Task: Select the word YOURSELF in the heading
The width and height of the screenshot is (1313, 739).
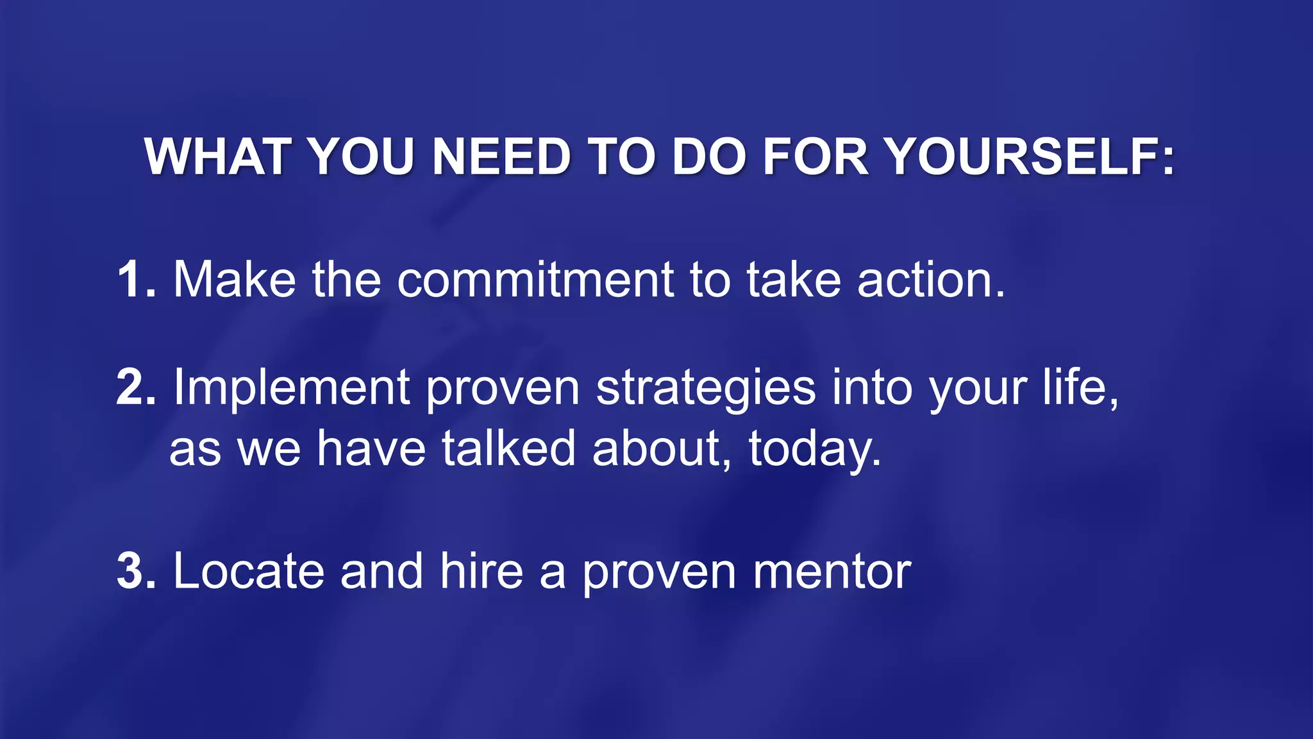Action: click(x=1030, y=157)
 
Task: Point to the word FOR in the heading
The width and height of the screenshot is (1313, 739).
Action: click(x=815, y=157)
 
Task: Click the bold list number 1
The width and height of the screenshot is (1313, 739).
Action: click(x=135, y=280)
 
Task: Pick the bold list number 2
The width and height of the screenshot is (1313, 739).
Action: click(x=135, y=387)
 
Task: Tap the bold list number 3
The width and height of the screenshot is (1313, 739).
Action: click(x=135, y=571)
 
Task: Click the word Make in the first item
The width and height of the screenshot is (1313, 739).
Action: click(x=235, y=280)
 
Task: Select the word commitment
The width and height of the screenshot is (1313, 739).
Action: click(x=535, y=280)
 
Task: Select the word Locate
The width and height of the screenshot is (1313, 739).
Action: click(x=249, y=571)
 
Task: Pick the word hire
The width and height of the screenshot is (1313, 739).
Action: click(x=481, y=571)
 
